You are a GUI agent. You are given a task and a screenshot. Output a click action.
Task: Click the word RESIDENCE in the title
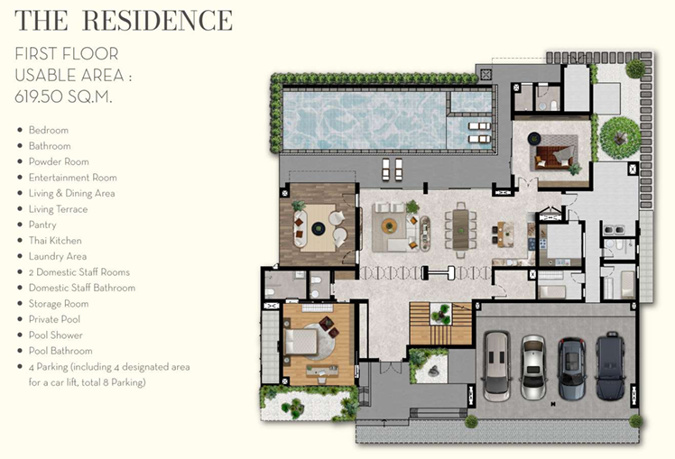(x=157, y=21)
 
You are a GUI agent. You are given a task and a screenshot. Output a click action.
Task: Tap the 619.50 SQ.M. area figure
(x=63, y=96)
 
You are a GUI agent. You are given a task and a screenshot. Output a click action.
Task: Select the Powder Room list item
(x=59, y=161)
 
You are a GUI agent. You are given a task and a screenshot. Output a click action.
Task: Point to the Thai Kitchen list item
(x=55, y=241)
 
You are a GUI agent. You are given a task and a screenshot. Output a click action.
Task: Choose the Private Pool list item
(x=55, y=319)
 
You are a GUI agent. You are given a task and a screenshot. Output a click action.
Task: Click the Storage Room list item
(x=59, y=304)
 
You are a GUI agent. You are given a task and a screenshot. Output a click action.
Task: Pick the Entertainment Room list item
(x=73, y=178)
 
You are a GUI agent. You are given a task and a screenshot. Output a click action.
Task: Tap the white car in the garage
(x=533, y=367)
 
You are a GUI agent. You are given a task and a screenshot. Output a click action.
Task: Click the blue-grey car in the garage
(x=572, y=369)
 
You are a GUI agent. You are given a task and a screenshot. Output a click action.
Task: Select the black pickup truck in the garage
(x=610, y=366)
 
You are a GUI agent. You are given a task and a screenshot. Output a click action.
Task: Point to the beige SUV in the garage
(x=496, y=366)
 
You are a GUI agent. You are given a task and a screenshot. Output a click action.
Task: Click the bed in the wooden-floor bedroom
(x=301, y=342)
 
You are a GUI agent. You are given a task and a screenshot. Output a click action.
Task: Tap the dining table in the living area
(x=460, y=229)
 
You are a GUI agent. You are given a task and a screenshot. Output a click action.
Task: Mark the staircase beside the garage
(x=440, y=324)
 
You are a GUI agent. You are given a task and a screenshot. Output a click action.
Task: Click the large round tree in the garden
(x=620, y=138)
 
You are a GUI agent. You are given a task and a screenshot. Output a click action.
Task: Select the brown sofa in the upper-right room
(x=554, y=158)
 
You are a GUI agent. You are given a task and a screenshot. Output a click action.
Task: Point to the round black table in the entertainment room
(x=319, y=228)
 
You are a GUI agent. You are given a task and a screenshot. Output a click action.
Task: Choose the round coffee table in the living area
(x=389, y=225)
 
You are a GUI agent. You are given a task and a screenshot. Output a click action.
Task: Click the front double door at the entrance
(x=391, y=368)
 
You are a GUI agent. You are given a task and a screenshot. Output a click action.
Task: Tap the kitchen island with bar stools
(x=506, y=234)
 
